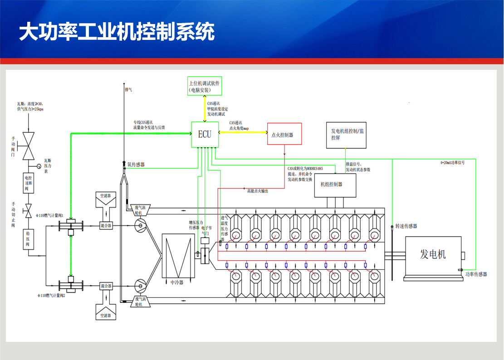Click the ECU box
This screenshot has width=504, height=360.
205,135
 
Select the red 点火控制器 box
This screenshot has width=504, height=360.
284,135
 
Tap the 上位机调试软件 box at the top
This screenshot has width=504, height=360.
205,86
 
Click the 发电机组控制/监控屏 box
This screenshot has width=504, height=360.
346,135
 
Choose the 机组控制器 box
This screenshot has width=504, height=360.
335,185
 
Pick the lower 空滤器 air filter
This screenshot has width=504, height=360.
105,310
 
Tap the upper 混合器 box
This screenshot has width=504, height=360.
106,225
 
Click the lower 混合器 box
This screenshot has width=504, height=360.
106,286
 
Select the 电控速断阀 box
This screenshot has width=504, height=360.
29,182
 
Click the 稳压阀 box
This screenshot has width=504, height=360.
29,239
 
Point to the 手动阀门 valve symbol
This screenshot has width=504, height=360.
29,145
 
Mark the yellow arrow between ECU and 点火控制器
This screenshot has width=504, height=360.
243,132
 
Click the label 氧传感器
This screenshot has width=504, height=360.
136,165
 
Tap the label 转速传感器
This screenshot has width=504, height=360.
406,226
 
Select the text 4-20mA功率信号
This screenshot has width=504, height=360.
452,163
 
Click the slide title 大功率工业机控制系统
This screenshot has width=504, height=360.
116,33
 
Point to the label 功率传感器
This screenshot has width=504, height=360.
476,274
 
